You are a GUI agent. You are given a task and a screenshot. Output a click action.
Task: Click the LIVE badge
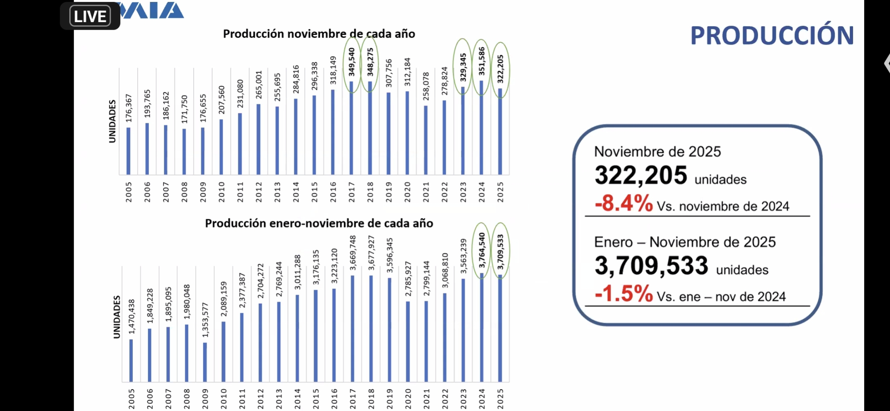tap(90, 16)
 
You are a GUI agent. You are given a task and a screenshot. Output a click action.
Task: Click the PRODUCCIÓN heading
tap(772, 36)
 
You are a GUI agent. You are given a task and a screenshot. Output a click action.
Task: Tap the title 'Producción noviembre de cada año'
tap(319, 34)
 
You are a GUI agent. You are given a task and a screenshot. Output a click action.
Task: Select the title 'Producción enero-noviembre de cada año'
tap(319, 223)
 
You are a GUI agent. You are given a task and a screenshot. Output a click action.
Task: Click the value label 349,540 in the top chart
tap(351, 62)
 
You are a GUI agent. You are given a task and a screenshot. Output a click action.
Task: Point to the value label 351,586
tap(482, 61)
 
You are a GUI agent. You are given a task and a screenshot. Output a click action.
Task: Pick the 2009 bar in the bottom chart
tap(205, 362)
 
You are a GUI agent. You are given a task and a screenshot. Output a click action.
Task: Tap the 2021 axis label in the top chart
tap(426, 192)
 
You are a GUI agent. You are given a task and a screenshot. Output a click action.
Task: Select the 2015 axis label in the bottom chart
tap(316, 398)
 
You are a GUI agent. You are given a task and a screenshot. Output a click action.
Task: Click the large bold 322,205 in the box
tap(641, 175)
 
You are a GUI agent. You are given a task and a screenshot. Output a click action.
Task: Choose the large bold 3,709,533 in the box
tap(651, 266)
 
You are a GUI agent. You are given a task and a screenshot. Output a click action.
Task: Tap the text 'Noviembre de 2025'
tap(657, 152)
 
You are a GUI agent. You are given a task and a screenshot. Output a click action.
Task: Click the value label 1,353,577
tap(205, 320)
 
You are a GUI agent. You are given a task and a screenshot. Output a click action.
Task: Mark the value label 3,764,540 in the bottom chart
tap(482, 250)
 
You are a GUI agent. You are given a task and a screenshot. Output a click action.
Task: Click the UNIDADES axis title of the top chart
tap(112, 121)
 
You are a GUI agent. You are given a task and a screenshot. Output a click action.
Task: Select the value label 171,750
tap(184, 109)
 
